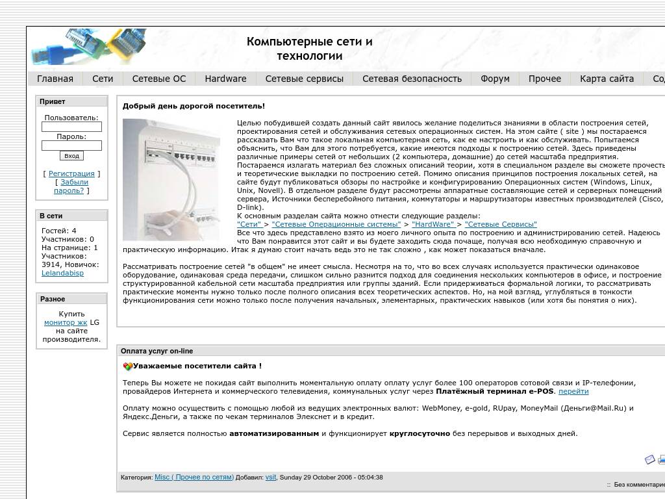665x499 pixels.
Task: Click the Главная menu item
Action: [55, 79]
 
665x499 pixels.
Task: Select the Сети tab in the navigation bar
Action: [103, 79]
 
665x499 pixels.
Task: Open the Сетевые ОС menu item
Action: [158, 79]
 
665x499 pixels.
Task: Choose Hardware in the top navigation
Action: [225, 79]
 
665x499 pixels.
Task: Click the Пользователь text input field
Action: [71, 127]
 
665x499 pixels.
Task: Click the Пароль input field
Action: [71, 146]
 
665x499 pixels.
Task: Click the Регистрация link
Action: [71, 173]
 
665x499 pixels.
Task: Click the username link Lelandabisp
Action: [62, 273]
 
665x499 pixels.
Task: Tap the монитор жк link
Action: [66, 322]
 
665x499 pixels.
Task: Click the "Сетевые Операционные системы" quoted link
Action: [336, 224]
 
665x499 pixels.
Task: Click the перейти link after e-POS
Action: [573, 391]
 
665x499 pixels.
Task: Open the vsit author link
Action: [271, 477]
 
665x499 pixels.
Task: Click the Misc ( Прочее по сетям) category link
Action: [194, 477]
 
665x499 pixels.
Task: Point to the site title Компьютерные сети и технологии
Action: [309, 49]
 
